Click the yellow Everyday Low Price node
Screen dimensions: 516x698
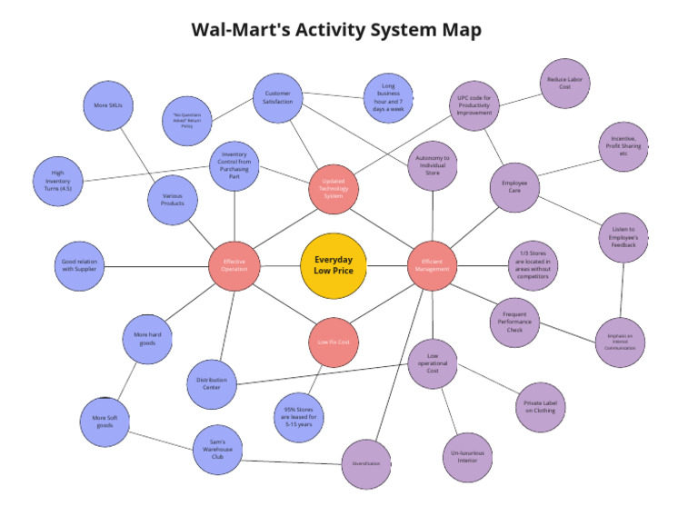(333, 265)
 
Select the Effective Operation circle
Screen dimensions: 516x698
(234, 265)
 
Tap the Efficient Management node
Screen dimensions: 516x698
(433, 265)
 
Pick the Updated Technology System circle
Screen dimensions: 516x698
(334, 189)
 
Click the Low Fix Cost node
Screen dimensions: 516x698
(334, 342)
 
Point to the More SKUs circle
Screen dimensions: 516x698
(108, 105)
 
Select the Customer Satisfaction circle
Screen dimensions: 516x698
(278, 98)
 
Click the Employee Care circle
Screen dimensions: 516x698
(514, 188)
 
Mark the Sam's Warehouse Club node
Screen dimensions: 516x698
(217, 450)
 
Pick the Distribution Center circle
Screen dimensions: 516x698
(211, 385)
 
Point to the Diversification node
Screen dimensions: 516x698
(366, 463)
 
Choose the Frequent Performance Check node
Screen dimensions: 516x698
(515, 322)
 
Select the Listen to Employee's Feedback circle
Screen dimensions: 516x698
(623, 238)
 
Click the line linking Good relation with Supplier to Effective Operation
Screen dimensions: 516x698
(159, 265)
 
